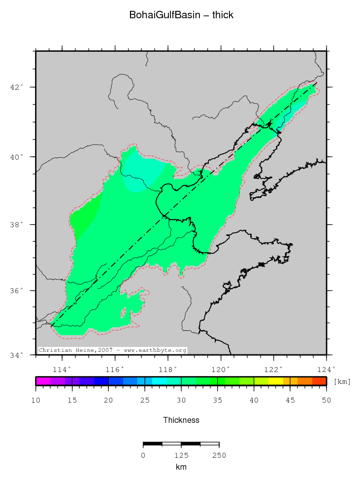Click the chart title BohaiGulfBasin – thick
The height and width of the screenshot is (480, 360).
click(181, 15)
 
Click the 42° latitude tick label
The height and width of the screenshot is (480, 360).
click(18, 87)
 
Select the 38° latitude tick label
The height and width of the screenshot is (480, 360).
click(18, 224)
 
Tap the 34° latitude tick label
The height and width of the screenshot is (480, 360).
click(18, 354)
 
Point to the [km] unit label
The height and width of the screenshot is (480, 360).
click(342, 382)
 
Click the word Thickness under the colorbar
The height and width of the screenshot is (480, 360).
click(181, 420)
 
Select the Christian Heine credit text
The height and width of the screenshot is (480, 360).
click(113, 350)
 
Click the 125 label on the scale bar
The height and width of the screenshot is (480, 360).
click(181, 455)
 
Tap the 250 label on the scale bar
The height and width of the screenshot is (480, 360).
click(219, 455)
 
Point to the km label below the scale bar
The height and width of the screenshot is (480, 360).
click(181, 467)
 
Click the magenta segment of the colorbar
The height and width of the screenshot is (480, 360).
click(43, 381)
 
